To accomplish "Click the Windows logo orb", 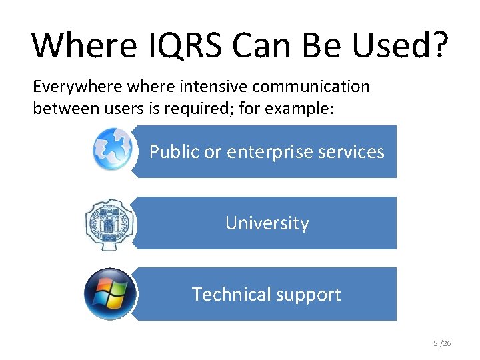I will tap(110, 294).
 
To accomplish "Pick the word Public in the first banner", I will tap(174, 152).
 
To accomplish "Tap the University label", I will tap(267, 223).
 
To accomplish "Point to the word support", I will tap(308, 295).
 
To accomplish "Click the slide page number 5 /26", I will tap(442, 343).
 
